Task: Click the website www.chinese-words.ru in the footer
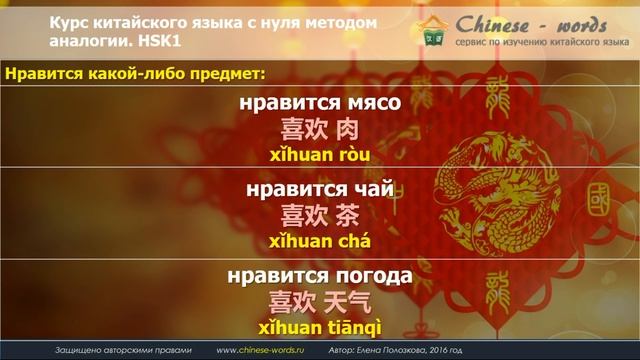point(262,351)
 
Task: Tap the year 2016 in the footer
point(427,351)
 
